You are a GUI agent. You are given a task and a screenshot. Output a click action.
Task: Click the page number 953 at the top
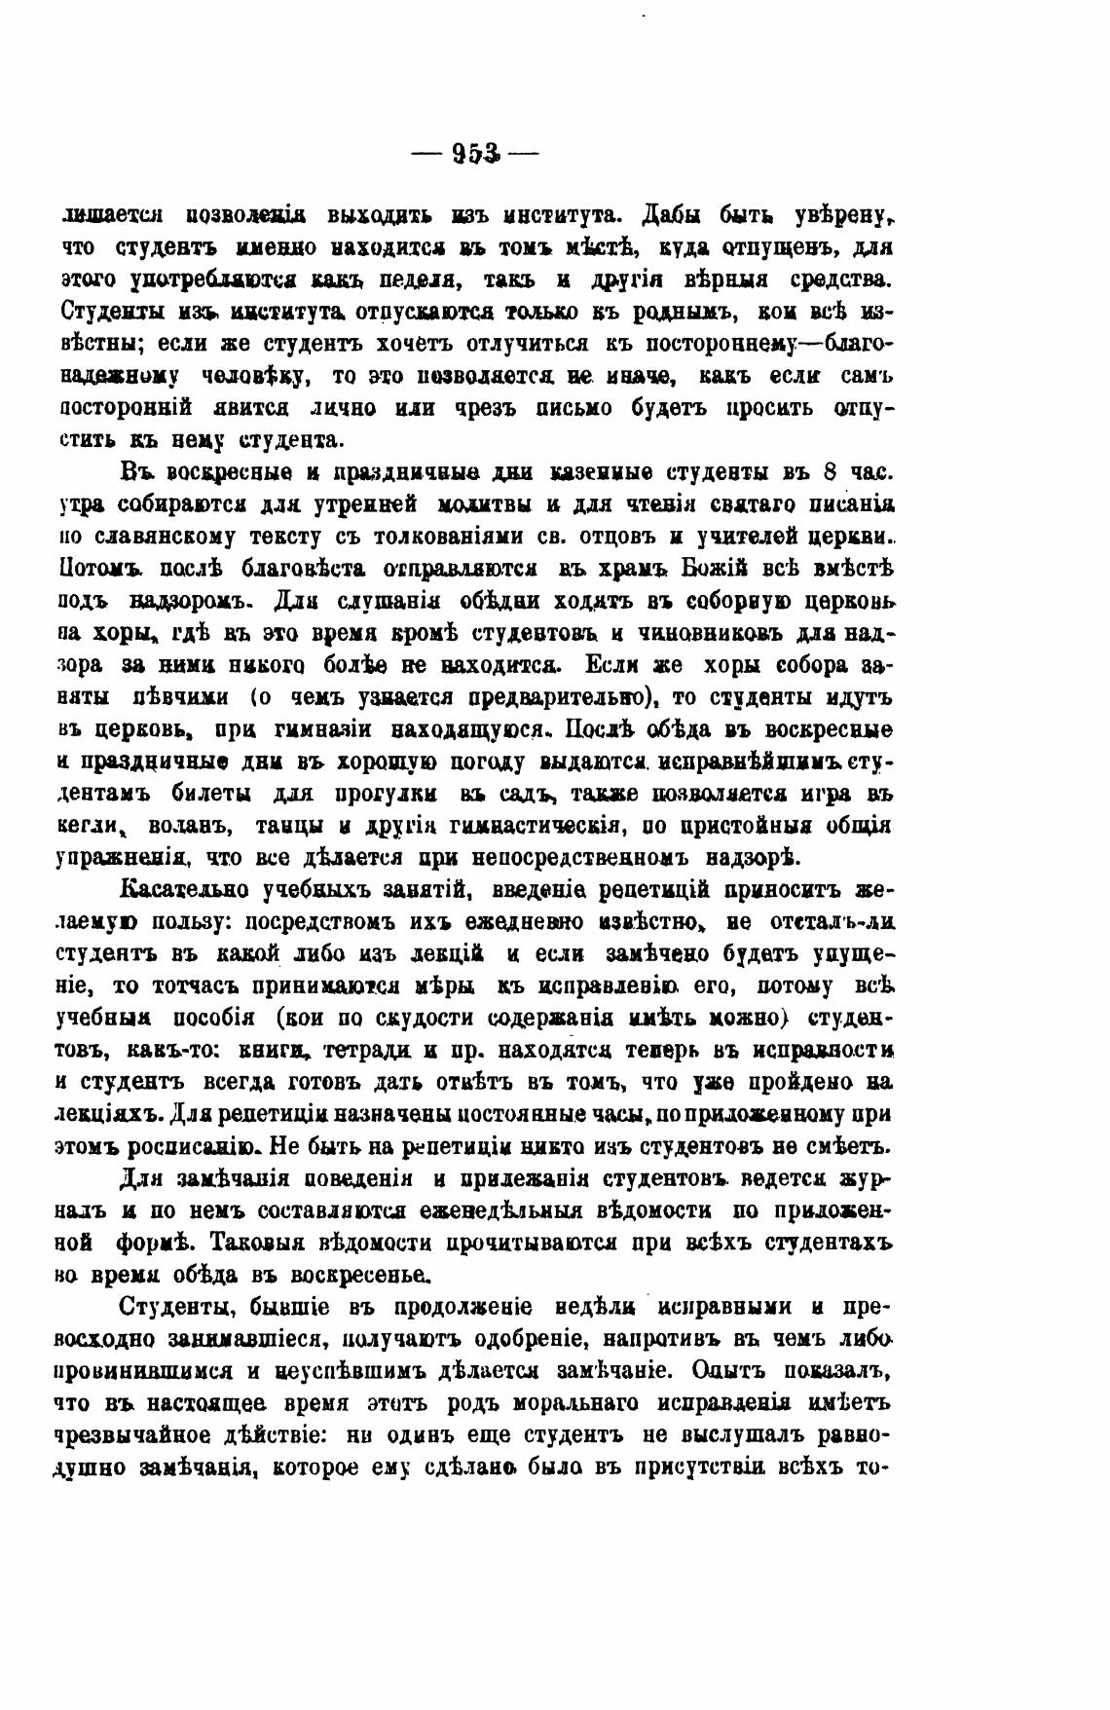475,153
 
